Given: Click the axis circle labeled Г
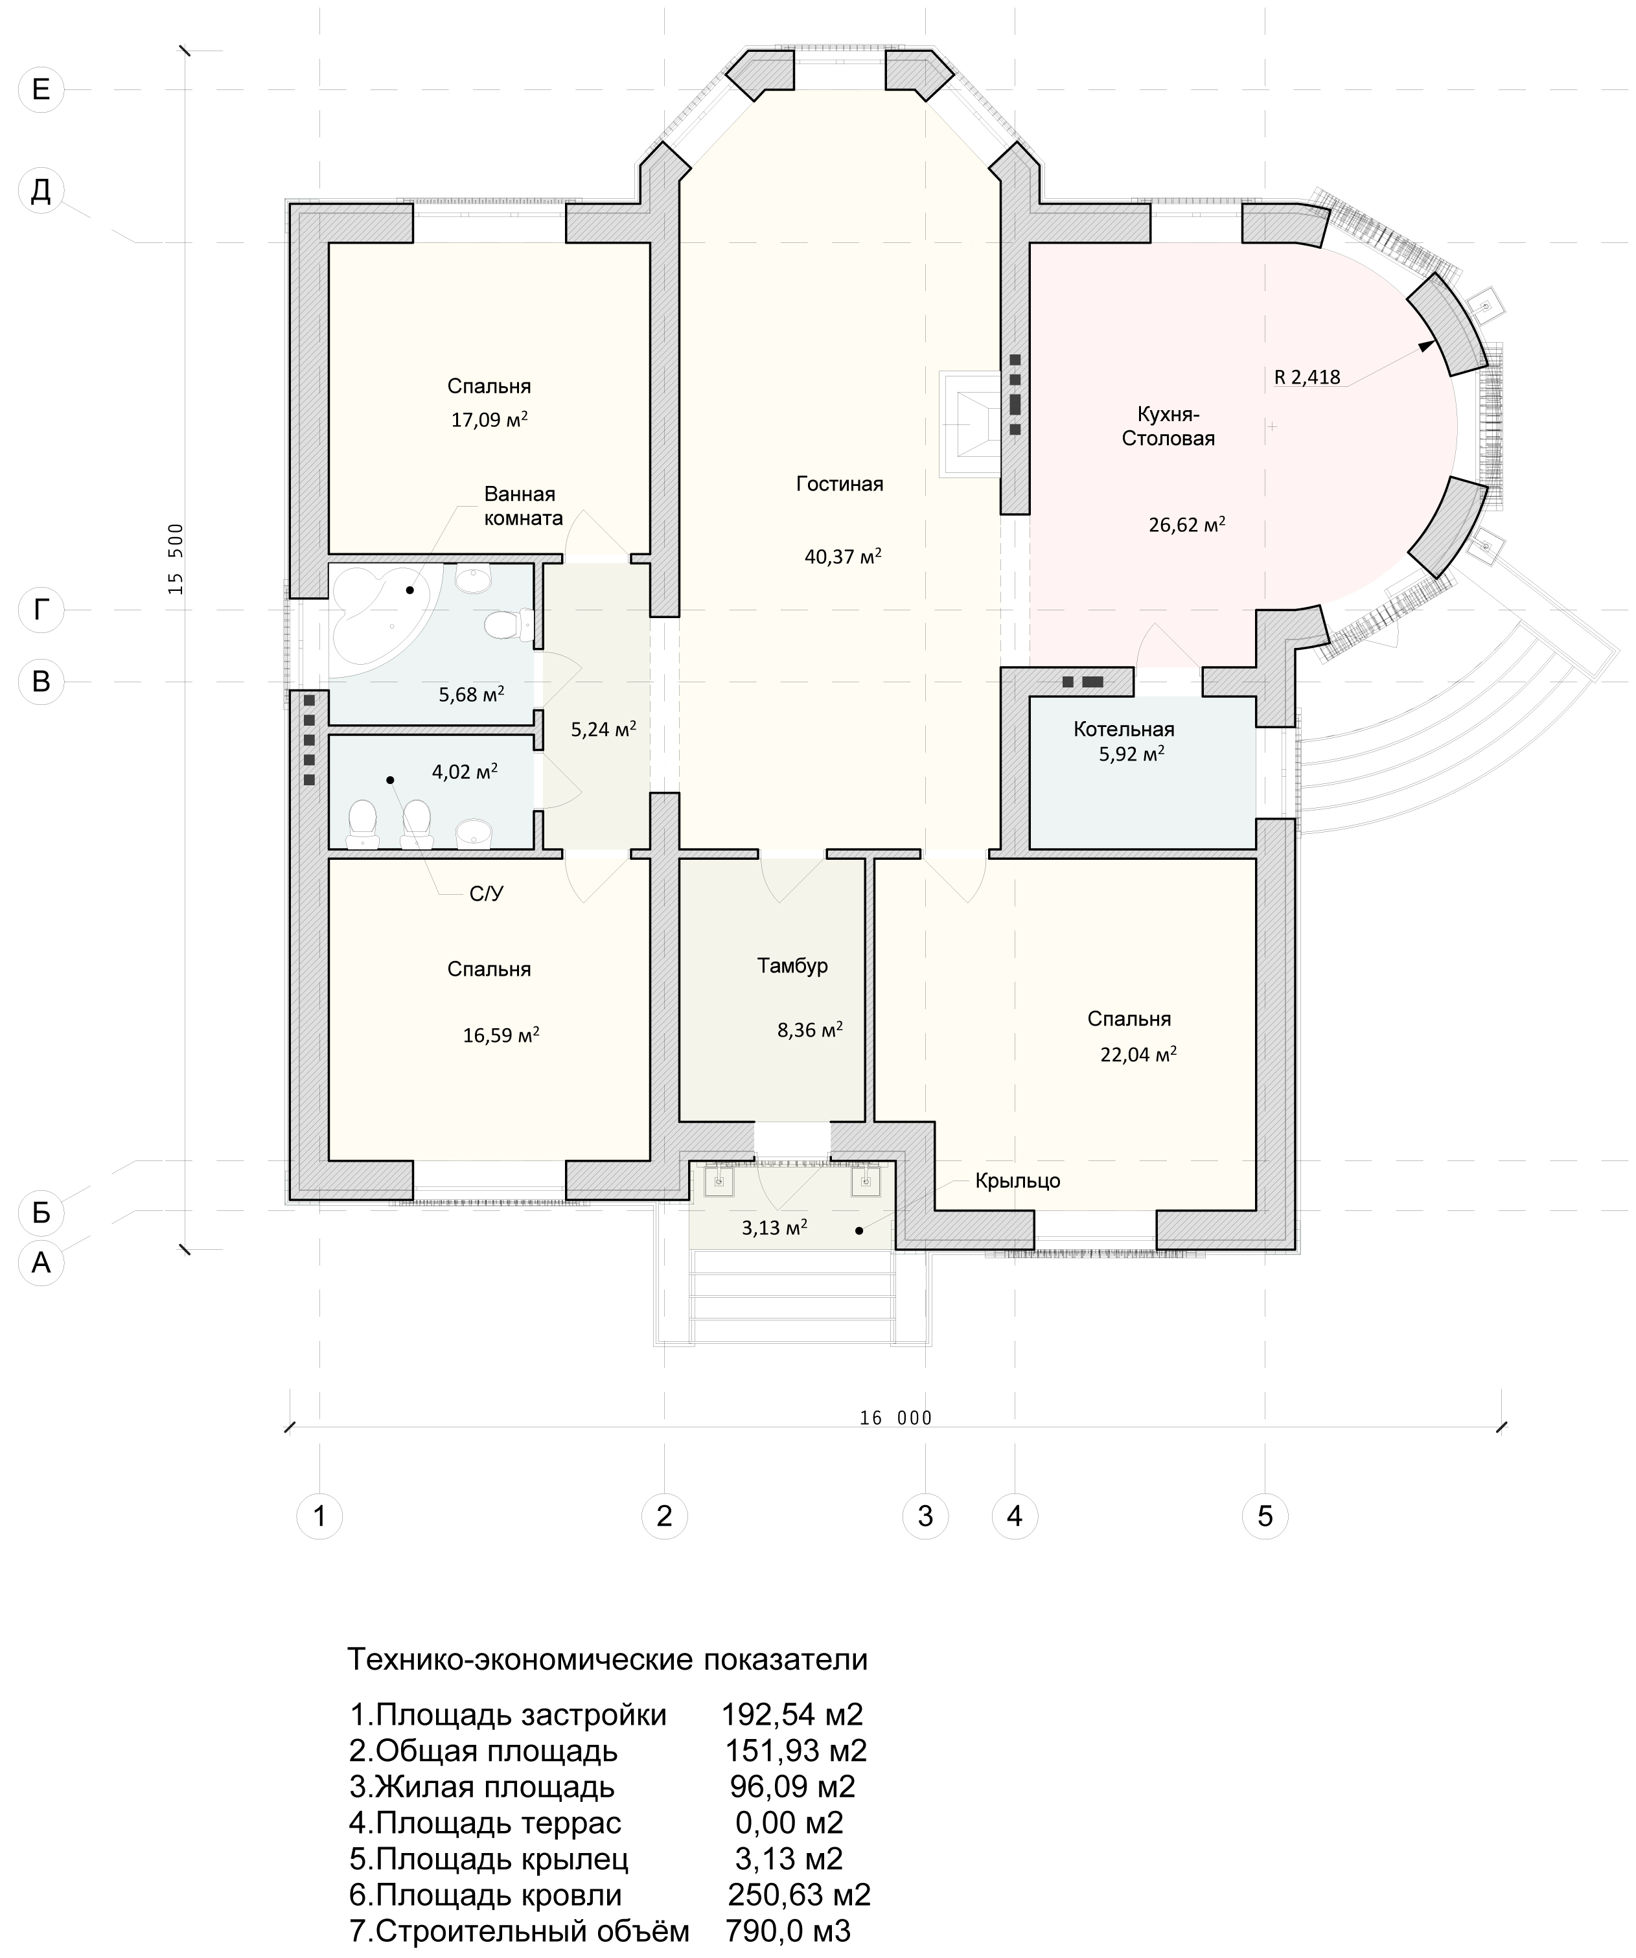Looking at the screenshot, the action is pyautogui.click(x=41, y=610).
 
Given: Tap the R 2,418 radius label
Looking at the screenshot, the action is pyautogui.click(x=1307, y=376).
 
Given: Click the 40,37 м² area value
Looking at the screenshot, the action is pyautogui.click(x=843, y=557).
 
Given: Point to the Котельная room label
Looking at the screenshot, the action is pyautogui.click(x=1123, y=729).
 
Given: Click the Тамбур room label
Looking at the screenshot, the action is pyautogui.click(x=792, y=966).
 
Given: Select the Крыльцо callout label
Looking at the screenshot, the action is pyautogui.click(x=1018, y=1181).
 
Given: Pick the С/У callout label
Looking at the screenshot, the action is pyautogui.click(x=486, y=894).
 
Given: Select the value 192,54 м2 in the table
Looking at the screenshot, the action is pyautogui.click(x=792, y=1714).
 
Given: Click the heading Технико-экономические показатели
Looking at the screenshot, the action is pyautogui.click(x=607, y=1660).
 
